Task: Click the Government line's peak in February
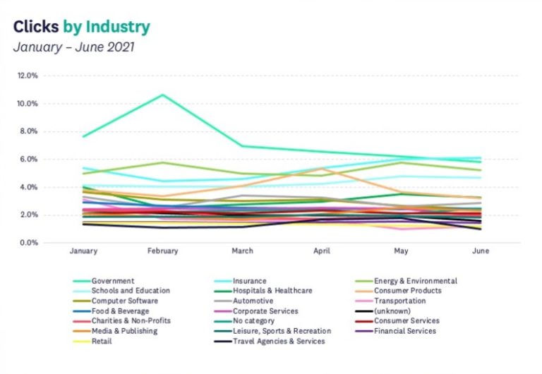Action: pos(163,95)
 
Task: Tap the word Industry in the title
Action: pos(118,27)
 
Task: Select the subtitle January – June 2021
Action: pos(73,47)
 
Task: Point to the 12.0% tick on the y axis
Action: pos(28,76)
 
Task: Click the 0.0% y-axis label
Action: pos(29,243)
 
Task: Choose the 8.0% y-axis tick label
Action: pos(28,131)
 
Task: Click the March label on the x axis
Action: pos(242,251)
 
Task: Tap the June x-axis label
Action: pos(481,251)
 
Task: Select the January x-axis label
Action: pos(83,251)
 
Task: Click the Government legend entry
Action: pos(104,281)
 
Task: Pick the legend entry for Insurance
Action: pos(241,281)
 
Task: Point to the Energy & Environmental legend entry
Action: pos(406,281)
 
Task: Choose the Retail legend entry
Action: pos(92,342)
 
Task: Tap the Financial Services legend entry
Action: pos(396,331)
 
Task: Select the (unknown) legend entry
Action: pos(383,311)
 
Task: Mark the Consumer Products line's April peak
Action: pos(322,169)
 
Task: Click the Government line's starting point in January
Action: pos(83,136)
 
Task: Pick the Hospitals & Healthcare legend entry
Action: pos(263,291)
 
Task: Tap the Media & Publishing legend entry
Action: pos(116,331)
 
